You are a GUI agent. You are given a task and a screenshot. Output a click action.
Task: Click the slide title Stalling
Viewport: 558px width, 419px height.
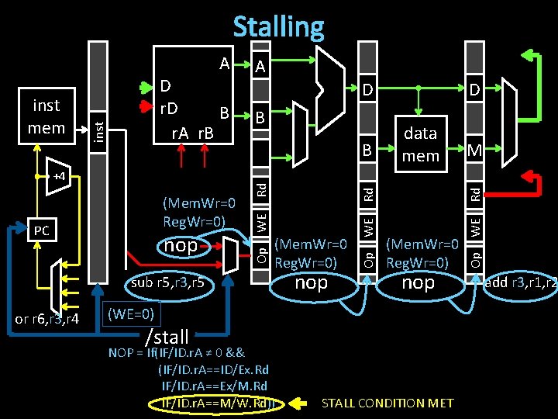click(x=278, y=26)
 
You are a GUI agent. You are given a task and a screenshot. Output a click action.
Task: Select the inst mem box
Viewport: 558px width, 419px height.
click(x=46, y=116)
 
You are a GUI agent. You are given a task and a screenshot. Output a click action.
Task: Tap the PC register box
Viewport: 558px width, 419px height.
click(x=41, y=230)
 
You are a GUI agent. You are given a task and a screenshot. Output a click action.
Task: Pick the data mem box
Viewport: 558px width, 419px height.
click(x=420, y=144)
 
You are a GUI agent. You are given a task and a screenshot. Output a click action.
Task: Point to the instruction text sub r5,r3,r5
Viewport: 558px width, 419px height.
click(x=167, y=282)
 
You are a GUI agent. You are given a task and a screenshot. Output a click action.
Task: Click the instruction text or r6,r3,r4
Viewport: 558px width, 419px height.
click(x=47, y=319)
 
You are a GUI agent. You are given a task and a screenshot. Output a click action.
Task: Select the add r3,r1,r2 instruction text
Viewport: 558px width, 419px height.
click(x=520, y=282)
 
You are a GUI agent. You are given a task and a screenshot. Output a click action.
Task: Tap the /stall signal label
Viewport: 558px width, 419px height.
click(x=167, y=337)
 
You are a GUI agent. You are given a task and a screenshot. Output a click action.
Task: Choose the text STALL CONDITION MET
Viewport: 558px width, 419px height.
click(x=387, y=403)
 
